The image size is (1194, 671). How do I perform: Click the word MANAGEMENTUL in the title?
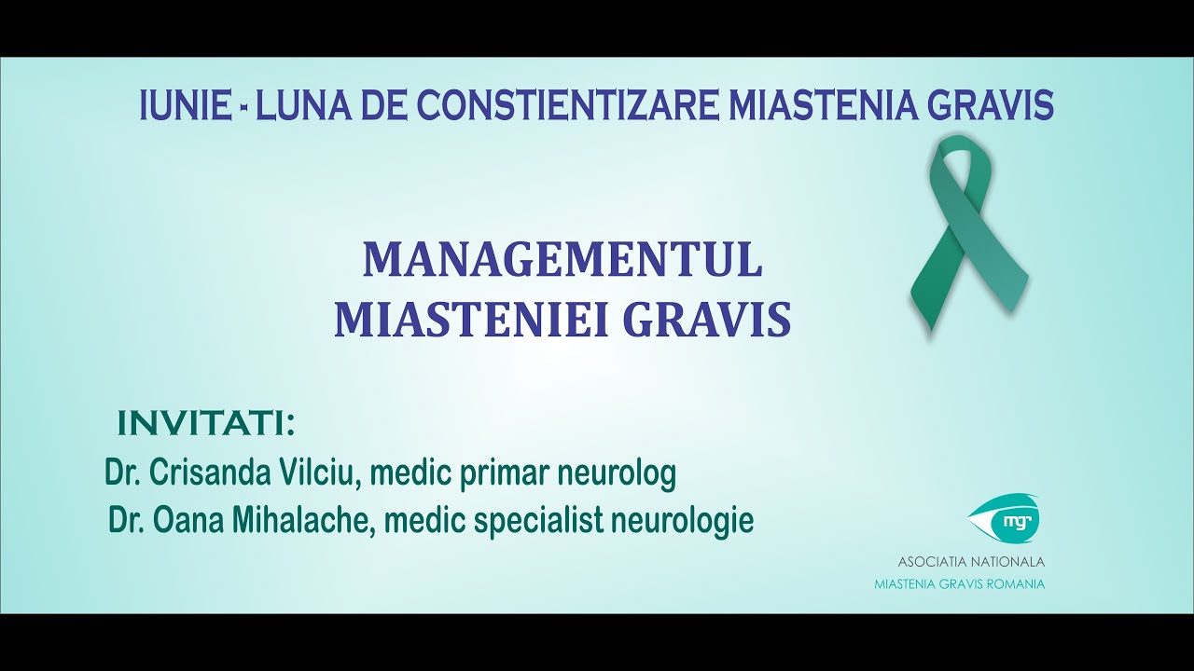562,260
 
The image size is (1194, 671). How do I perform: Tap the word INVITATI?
206,423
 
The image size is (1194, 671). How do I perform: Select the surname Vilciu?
317,474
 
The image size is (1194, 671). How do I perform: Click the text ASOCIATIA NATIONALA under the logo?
971,562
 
